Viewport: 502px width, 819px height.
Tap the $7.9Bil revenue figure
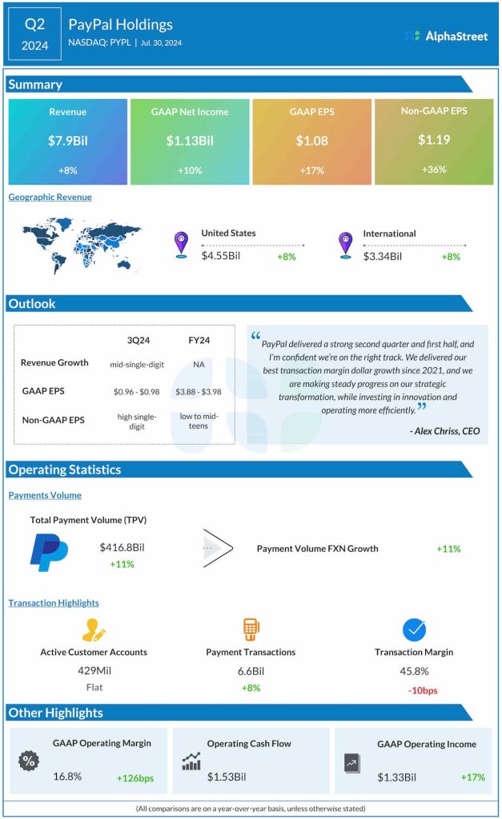[x=67, y=141]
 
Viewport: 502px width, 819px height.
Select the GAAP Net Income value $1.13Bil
[x=190, y=141]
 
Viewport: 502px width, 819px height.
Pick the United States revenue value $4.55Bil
[x=221, y=257]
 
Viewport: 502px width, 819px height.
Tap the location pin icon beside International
[x=345, y=243]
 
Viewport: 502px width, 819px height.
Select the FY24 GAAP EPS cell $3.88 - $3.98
[x=199, y=391]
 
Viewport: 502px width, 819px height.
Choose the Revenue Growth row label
[x=54, y=363]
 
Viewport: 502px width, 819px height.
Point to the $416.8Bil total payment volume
[x=122, y=547]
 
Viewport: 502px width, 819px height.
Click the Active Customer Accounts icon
[x=94, y=629]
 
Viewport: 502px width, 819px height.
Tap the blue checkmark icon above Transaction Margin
[x=414, y=629]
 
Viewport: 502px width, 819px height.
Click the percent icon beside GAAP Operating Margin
[x=29, y=761]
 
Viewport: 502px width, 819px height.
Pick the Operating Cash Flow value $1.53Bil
[x=227, y=777]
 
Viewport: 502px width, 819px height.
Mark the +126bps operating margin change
[x=135, y=777]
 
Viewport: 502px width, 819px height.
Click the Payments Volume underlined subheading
[x=45, y=495]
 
